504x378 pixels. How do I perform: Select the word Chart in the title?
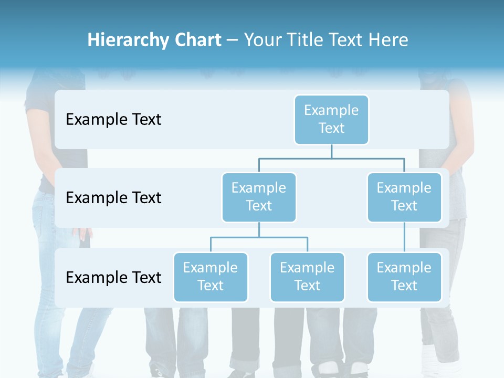pyautogui.click(x=195, y=40)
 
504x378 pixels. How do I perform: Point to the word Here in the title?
pyautogui.click(x=387, y=40)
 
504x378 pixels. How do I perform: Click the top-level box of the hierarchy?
pyautogui.click(x=331, y=119)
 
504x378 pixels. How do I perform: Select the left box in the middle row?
pyautogui.click(x=259, y=197)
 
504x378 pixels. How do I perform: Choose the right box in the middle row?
pyautogui.click(x=404, y=197)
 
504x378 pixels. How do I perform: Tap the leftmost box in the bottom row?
pyautogui.click(x=211, y=277)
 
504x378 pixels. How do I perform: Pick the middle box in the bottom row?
pyautogui.click(x=307, y=277)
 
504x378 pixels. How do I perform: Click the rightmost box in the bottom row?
pyautogui.click(x=404, y=277)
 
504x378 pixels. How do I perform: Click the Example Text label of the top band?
pyautogui.click(x=113, y=120)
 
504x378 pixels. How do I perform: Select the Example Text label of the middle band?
pyautogui.click(x=113, y=198)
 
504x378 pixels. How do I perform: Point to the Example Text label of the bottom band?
pyautogui.click(x=113, y=277)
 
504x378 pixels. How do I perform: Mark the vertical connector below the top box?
pyautogui.click(x=331, y=151)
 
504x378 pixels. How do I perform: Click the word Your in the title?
pyautogui.click(x=261, y=40)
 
